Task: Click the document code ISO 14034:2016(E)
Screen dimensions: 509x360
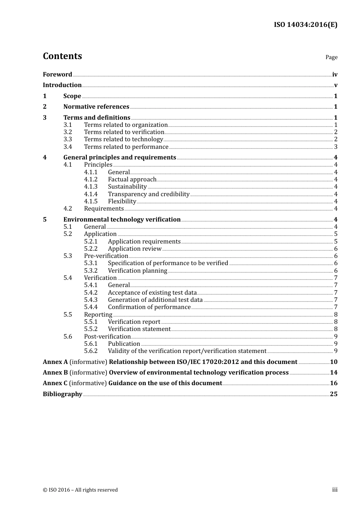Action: (x=305, y=25)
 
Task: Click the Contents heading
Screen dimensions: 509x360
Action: (x=62, y=56)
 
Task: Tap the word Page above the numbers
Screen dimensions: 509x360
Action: (x=331, y=57)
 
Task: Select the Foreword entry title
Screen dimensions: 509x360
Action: (x=57, y=74)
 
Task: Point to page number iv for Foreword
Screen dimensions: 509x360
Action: (x=335, y=74)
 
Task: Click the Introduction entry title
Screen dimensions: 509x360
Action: (x=62, y=85)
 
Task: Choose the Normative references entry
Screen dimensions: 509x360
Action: (x=96, y=106)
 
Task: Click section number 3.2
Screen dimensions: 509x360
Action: (x=67, y=132)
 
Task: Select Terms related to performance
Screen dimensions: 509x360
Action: (x=126, y=147)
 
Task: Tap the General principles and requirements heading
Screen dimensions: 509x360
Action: (x=120, y=157)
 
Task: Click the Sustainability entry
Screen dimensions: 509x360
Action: (x=127, y=186)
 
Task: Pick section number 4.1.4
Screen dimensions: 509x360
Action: (x=91, y=194)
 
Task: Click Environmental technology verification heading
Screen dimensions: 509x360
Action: (x=122, y=219)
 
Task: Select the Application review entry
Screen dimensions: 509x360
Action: (x=135, y=248)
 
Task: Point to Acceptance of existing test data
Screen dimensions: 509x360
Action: (x=152, y=292)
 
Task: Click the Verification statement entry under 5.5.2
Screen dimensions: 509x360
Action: (x=139, y=329)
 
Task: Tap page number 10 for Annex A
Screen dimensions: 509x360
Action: (x=333, y=362)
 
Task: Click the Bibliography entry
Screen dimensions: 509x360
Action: (x=63, y=394)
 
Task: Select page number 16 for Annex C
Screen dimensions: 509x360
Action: (x=333, y=383)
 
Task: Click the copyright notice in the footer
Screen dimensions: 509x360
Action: (x=80, y=490)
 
